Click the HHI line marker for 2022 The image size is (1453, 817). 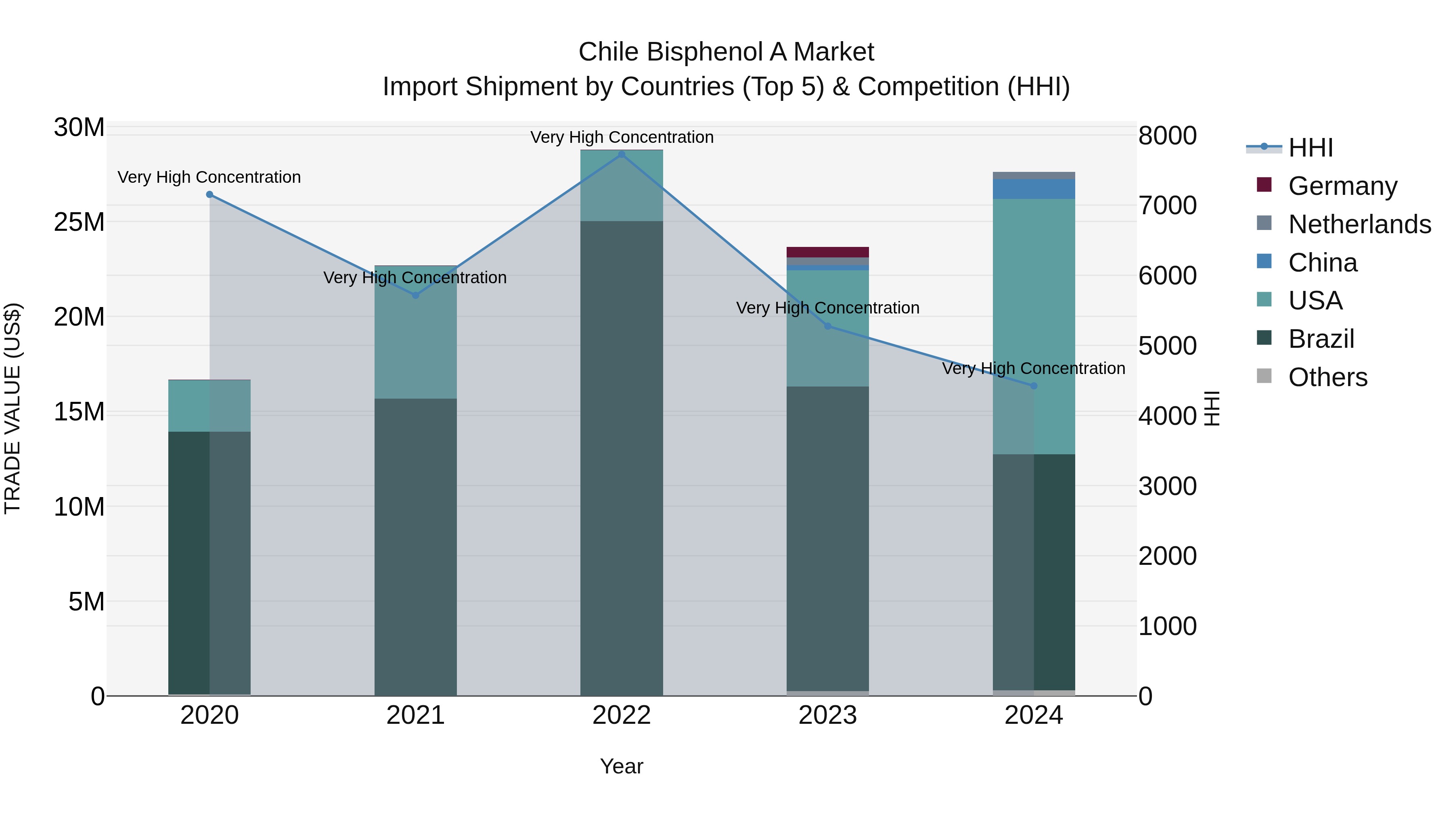pos(622,155)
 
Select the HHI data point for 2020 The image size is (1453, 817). pos(209,194)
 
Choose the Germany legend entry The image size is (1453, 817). pos(1342,186)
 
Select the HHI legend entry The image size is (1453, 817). pos(1310,148)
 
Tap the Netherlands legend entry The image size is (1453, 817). pos(1359,224)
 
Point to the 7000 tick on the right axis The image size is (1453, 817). pos(1167,206)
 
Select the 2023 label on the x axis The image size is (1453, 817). pos(827,715)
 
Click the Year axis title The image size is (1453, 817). pos(622,766)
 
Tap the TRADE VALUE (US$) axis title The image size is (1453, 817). pos(13,408)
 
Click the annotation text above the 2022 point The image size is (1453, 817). pos(622,137)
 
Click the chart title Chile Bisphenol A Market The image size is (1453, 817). pos(726,52)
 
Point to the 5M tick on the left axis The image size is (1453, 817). pos(86,602)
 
